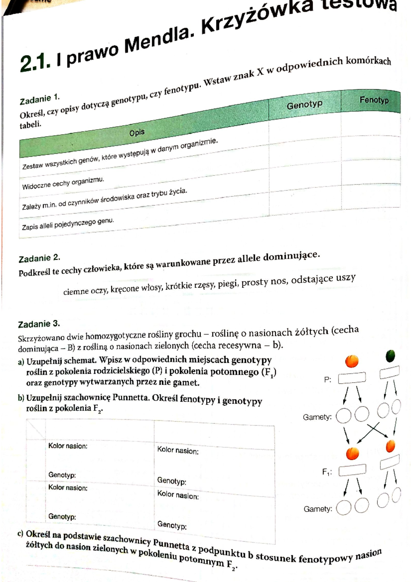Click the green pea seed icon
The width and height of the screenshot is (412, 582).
390,356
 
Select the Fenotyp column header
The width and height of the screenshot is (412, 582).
374,100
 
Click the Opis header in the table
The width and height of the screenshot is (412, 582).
137,132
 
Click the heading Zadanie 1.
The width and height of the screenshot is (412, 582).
39,100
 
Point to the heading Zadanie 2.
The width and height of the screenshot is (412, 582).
39,258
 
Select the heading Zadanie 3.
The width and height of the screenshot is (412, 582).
39,324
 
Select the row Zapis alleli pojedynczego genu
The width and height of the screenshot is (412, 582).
68,224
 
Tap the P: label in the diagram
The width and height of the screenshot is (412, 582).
328,380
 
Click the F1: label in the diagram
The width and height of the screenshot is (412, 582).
327,472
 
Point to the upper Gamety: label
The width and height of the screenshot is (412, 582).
317,417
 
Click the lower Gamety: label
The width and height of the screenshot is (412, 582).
318,509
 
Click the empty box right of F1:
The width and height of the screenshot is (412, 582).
352,470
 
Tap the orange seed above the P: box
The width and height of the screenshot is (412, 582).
352,361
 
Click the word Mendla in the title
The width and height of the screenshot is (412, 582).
158,42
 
